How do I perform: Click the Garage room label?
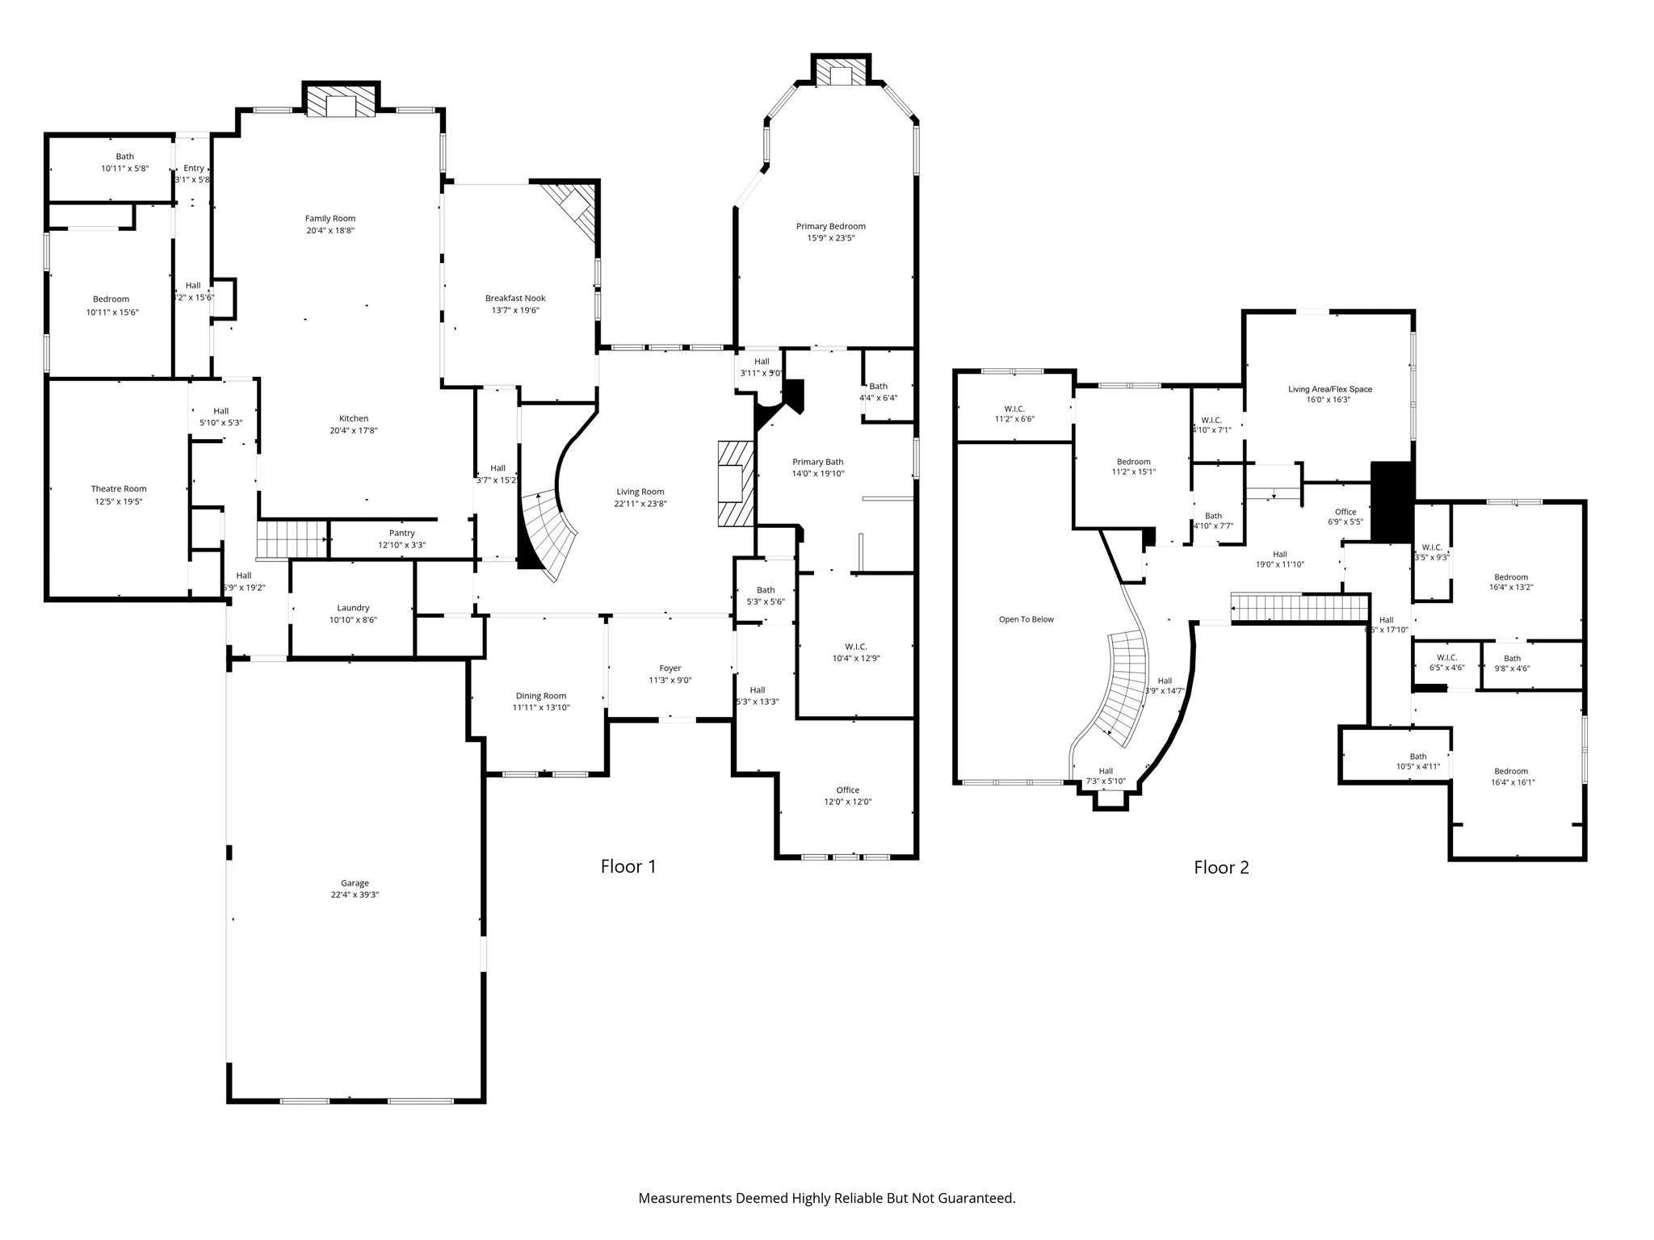pos(355,883)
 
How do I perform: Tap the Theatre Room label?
pos(119,488)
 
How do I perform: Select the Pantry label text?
pos(401,533)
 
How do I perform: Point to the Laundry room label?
pos(353,608)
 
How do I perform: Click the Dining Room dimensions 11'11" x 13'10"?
pos(540,707)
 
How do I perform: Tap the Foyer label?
pos(670,668)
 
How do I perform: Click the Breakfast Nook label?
pos(514,298)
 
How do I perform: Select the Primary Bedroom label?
pos(830,226)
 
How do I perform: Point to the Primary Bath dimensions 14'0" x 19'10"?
pos(817,474)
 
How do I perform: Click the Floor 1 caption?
pos(628,866)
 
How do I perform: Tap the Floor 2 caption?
pos(1221,867)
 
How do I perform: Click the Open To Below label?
pos(1026,619)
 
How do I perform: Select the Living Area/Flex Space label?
pos(1329,389)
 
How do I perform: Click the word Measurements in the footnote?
pos(684,1198)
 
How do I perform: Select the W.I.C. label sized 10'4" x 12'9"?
pos(855,647)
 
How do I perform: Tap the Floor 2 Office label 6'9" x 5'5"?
pos(1345,512)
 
